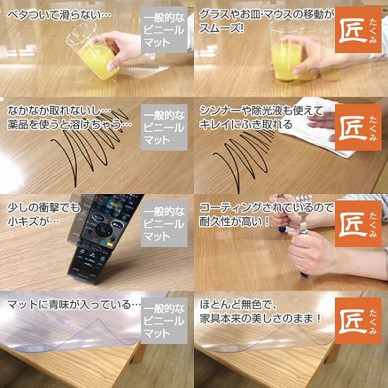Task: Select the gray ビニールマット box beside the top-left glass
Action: pos(163,31)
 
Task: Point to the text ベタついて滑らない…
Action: pos(55,14)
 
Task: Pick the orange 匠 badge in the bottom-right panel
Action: pos(358,320)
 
